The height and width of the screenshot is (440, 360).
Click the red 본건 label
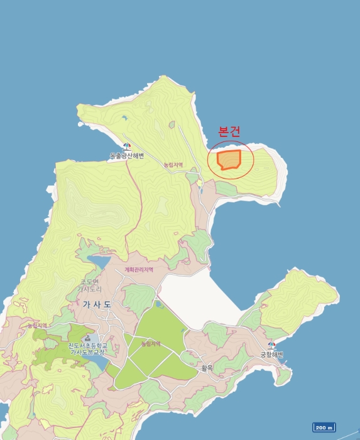228,132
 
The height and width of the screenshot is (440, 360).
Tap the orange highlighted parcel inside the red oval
229,160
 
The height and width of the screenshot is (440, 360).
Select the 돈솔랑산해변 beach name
126,155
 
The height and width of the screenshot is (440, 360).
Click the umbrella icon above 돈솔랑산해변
126,146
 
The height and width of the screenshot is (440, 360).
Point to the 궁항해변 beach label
272,355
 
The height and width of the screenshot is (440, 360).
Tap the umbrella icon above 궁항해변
272,346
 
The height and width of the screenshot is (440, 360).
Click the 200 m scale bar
324,426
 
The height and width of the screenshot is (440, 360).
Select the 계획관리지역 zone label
139,270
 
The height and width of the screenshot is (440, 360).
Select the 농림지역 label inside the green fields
151,344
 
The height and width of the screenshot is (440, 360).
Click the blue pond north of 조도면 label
99,260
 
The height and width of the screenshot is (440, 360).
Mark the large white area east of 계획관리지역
198,299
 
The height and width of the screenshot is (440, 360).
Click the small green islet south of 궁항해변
283,375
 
